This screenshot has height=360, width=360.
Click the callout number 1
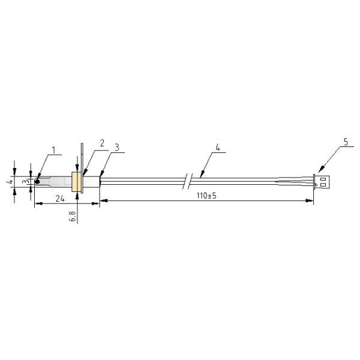point(54,150)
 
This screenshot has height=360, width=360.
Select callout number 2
point(102,143)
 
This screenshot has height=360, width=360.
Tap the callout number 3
point(117,148)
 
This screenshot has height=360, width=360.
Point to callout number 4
point(218,148)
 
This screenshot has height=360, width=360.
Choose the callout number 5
point(346,142)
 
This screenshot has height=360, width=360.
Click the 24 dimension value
point(60,199)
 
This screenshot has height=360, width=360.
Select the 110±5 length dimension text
point(206,196)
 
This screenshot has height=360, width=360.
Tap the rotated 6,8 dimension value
point(72,216)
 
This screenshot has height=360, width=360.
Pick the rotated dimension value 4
point(10,182)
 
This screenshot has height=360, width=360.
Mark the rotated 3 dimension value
point(26,181)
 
